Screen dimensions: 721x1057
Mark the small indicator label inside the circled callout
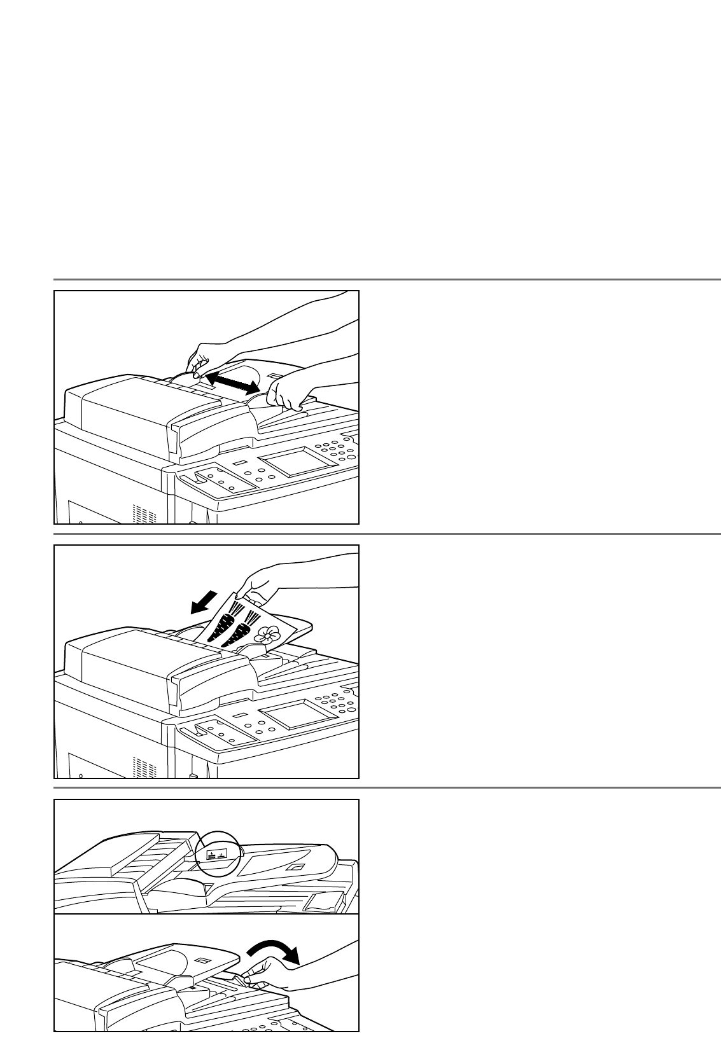click(217, 853)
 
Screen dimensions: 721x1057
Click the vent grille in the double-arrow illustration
click(144, 513)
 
